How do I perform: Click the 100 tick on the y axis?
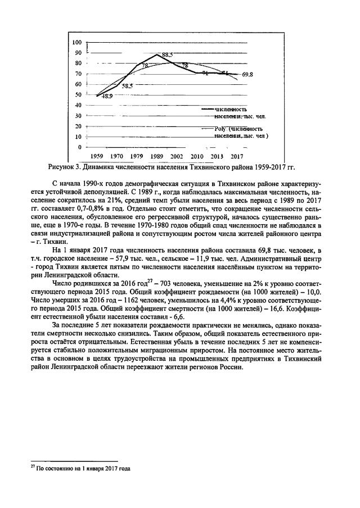pos(77,42)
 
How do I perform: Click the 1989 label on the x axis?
pos(157,156)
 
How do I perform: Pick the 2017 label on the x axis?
pos(236,156)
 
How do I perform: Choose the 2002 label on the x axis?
pos(177,156)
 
